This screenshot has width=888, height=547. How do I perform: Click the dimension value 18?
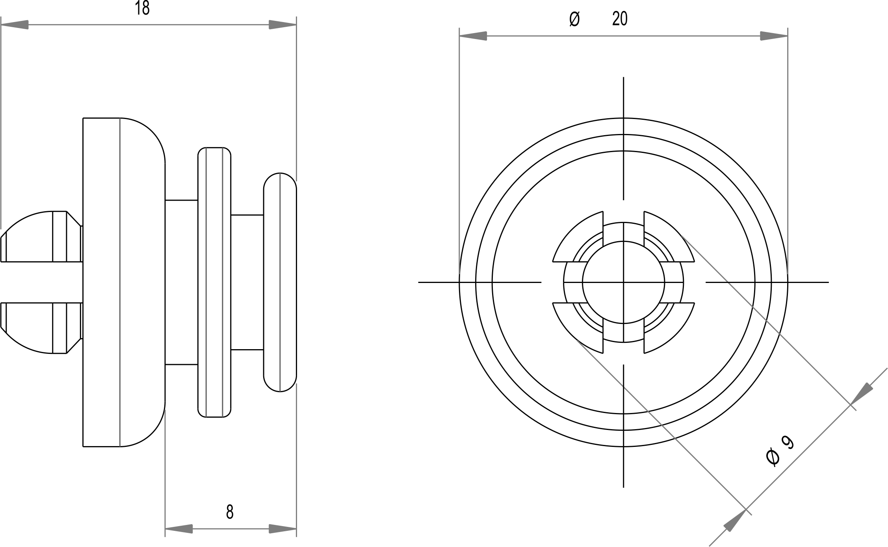click(x=142, y=8)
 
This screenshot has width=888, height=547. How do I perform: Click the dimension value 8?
click(x=230, y=512)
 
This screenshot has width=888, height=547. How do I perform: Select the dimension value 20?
click(x=620, y=19)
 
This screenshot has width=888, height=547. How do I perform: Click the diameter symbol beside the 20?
click(x=574, y=19)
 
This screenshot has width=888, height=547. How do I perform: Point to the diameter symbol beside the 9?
click(x=773, y=458)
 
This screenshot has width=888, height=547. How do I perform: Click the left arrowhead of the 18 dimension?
click(x=15, y=25)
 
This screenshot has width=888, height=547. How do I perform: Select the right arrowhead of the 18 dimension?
click(x=282, y=25)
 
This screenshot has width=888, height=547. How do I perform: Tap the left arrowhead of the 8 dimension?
click(x=179, y=529)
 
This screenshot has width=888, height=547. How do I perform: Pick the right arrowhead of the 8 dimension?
click(x=282, y=529)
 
